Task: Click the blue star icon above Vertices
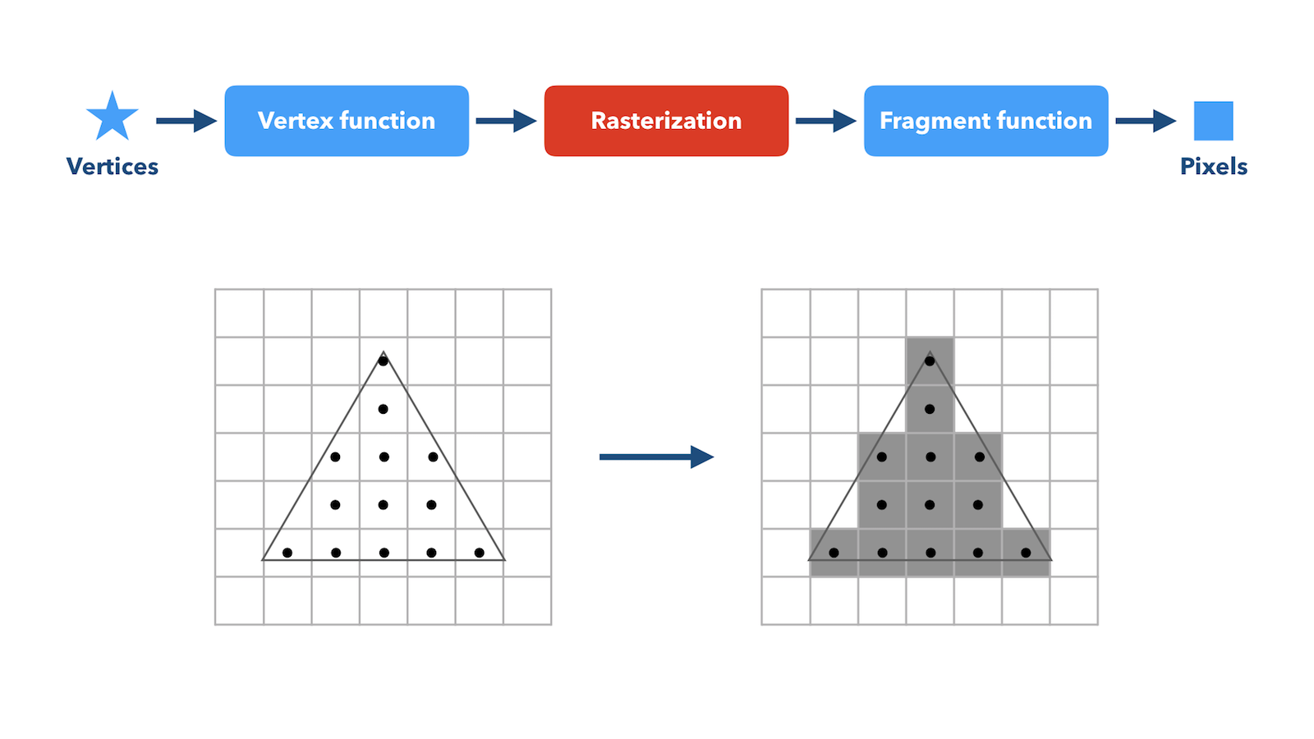pos(112,117)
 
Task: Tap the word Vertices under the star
pos(112,167)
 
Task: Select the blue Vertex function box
pos(347,121)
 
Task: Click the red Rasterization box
pos(666,121)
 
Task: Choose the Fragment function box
pos(986,121)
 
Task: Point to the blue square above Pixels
pos(1214,121)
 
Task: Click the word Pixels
pos(1214,167)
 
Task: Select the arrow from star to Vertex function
pos(186,121)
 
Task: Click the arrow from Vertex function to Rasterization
pos(506,121)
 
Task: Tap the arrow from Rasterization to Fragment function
pos(826,121)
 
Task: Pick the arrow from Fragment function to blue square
pos(1146,121)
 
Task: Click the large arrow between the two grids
pos(656,457)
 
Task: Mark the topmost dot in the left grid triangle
pos(383,361)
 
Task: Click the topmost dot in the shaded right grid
pos(930,361)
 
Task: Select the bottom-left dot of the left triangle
pos(287,553)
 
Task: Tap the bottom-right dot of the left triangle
pos(480,553)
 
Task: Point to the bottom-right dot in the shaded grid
pos(1026,553)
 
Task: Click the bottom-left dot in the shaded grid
pos(834,553)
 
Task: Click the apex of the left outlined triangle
pos(383,351)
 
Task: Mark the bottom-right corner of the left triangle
pos(504,560)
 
